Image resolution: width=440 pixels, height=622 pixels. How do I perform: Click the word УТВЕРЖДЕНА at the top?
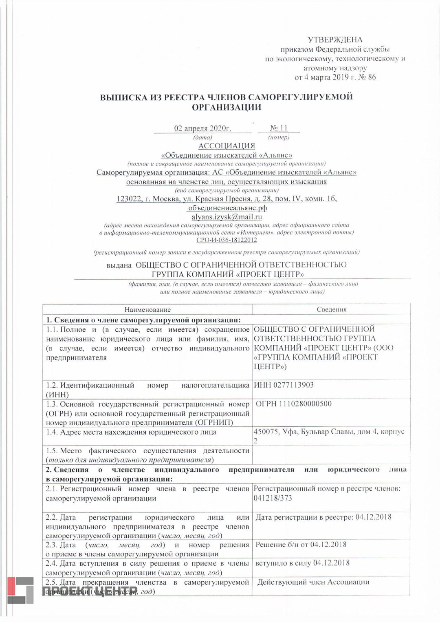point(335,40)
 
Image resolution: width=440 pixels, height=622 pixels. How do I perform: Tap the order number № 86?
point(366,77)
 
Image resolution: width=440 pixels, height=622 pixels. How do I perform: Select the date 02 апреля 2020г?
point(202,128)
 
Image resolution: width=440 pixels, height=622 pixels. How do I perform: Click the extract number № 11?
point(279,128)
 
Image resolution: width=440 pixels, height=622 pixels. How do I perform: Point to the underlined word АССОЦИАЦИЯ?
point(227,146)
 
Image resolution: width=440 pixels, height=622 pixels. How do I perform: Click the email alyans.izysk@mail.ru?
point(227,217)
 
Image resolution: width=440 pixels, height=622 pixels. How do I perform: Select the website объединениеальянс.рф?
point(227,208)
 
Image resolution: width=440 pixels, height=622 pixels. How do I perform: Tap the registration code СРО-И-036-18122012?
point(227,240)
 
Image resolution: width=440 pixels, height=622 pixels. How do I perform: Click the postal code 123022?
point(129,199)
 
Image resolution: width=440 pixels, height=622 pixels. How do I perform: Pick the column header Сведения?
point(332,310)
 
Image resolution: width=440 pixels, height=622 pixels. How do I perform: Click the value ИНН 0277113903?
point(284,385)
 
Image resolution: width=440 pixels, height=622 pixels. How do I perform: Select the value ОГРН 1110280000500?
point(293,404)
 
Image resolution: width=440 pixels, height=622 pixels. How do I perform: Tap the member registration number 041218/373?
point(273,498)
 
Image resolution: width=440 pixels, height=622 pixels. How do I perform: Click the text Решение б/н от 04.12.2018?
point(301,545)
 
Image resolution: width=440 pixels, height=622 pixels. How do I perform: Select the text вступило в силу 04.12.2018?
point(302,563)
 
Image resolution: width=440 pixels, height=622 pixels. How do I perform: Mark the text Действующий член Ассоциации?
point(313,582)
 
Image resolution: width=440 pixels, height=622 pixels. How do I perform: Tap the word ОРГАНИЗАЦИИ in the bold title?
point(226,108)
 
